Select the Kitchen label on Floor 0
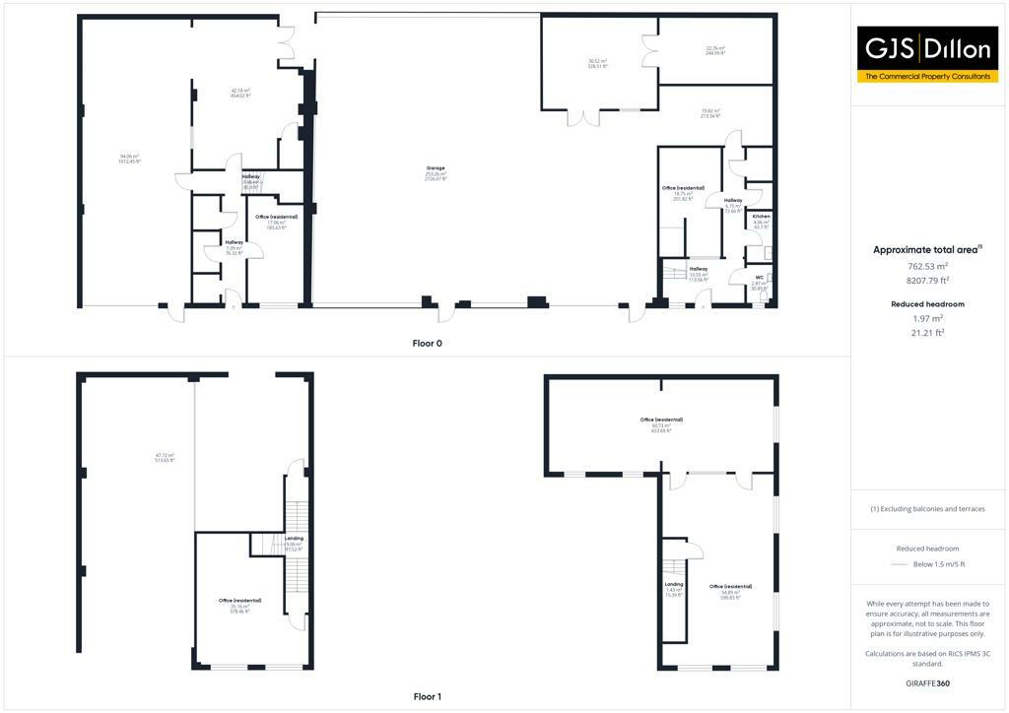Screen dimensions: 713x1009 click(x=761, y=216)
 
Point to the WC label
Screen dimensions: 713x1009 click(x=758, y=278)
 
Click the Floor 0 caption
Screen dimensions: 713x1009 click(x=427, y=343)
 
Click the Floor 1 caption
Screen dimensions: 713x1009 click(x=427, y=697)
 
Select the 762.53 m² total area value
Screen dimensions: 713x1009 click(x=928, y=266)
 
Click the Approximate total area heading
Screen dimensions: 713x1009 click(x=928, y=250)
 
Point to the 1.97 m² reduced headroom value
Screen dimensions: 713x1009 click(x=928, y=318)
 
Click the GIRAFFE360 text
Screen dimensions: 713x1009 click(x=928, y=683)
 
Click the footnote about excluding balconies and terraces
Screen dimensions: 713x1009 click(x=928, y=509)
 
